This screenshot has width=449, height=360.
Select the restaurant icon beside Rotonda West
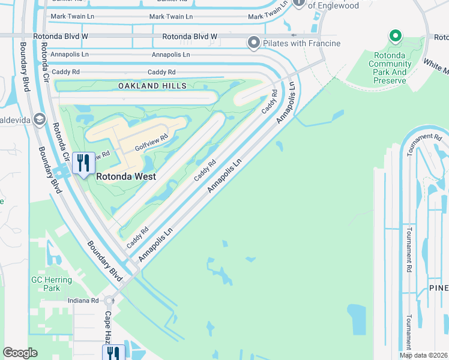tap(82, 163)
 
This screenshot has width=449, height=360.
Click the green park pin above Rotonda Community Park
tap(395, 37)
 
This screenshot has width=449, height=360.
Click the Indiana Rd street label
tap(83, 300)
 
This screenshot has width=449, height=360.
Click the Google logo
tap(20, 353)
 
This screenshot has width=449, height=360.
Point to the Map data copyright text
tap(423, 355)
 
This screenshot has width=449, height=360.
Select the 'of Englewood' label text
tap(333, 6)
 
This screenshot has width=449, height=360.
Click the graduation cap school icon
tap(40, 119)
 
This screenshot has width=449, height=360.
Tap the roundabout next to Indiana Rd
tap(109, 300)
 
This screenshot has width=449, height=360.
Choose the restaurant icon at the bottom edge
tap(112, 353)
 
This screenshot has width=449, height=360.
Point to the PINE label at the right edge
tap(438, 288)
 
